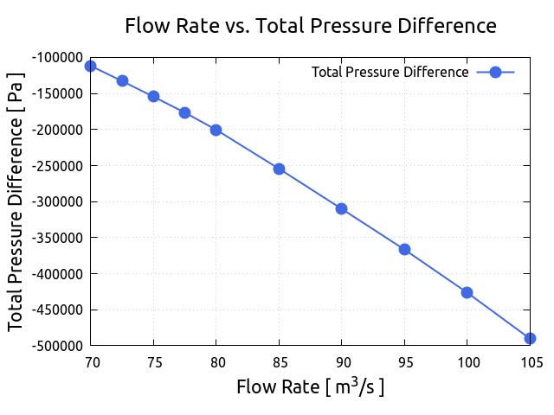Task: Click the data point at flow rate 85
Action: pyautogui.click(x=279, y=169)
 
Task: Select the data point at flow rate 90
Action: pyautogui.click(x=341, y=208)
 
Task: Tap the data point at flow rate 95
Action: pyautogui.click(x=404, y=249)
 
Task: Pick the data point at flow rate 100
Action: pyautogui.click(x=467, y=292)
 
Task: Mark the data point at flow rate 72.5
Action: pyautogui.click(x=122, y=80)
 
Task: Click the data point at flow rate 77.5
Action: pyautogui.click(x=184, y=112)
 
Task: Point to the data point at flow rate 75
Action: pyautogui.click(x=153, y=96)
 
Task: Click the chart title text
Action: pyautogui.click(x=311, y=26)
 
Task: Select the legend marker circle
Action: pyautogui.click(x=495, y=72)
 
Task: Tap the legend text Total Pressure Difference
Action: pyautogui.click(x=390, y=72)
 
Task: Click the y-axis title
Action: pyautogui.click(x=16, y=201)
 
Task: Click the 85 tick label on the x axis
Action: pyautogui.click(x=279, y=362)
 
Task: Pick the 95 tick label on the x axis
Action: pyautogui.click(x=404, y=362)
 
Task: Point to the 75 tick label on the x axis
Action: pyautogui.click(x=153, y=362)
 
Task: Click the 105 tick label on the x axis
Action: pyautogui.click(x=530, y=362)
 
